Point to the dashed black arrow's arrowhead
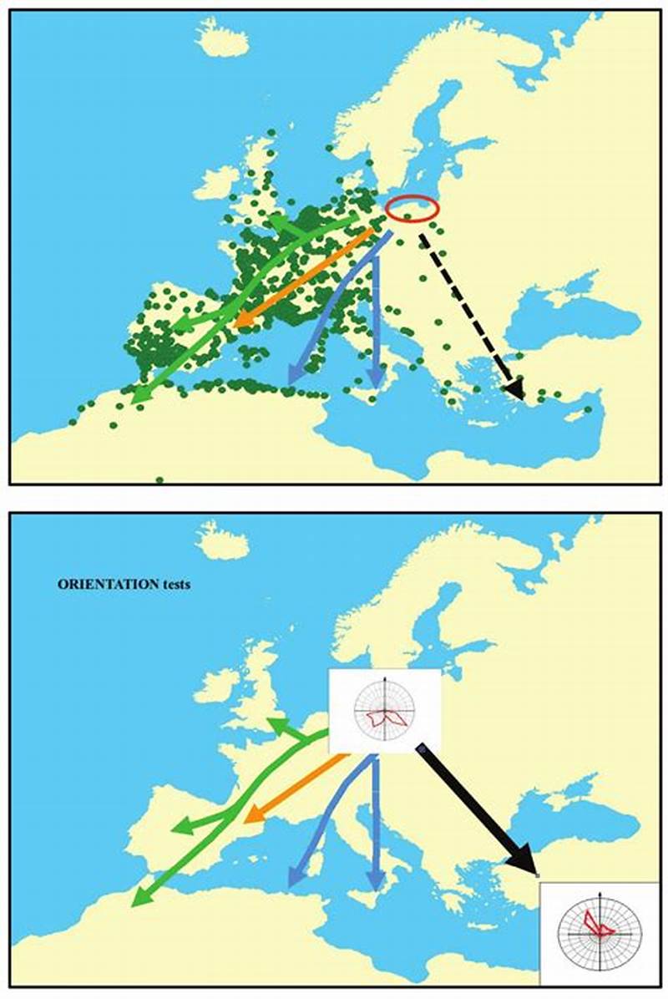coord(515,388)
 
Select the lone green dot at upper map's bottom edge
coord(159,480)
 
